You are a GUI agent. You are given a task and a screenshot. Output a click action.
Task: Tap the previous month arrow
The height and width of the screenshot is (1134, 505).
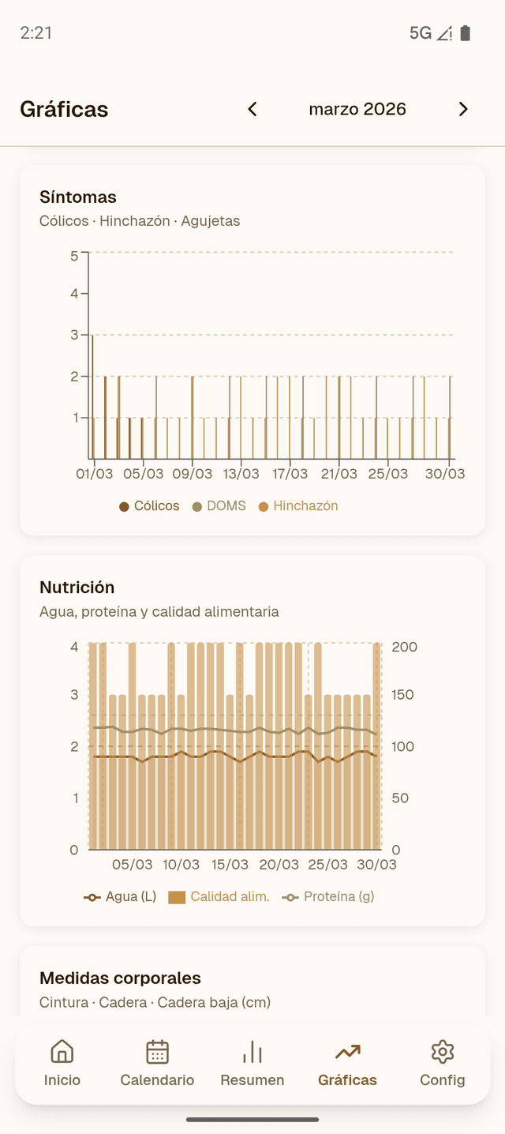click(x=252, y=109)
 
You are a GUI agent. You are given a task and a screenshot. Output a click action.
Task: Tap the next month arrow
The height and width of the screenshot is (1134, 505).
click(x=463, y=109)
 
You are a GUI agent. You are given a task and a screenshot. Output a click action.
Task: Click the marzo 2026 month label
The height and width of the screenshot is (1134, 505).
click(x=357, y=109)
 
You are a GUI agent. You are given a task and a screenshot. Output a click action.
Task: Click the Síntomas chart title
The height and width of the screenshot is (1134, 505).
click(x=78, y=197)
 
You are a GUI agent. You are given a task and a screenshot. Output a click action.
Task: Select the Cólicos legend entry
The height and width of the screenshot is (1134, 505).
click(x=149, y=506)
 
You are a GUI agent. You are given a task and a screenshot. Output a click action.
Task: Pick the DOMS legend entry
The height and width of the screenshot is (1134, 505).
click(x=219, y=506)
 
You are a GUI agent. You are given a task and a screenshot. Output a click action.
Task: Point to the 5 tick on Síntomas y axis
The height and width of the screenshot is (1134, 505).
click(x=74, y=255)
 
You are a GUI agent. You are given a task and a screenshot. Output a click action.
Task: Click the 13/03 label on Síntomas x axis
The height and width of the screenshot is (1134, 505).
click(x=241, y=474)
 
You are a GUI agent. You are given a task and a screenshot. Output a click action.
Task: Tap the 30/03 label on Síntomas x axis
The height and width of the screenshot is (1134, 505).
click(x=445, y=474)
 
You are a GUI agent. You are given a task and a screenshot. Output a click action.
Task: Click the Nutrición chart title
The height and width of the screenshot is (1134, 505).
click(x=77, y=587)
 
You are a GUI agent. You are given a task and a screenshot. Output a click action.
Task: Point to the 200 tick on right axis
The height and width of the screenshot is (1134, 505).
click(x=405, y=647)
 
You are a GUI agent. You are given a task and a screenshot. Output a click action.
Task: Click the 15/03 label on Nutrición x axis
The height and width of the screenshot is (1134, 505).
click(x=230, y=865)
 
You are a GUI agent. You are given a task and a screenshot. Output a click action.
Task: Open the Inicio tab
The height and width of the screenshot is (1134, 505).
click(x=62, y=1063)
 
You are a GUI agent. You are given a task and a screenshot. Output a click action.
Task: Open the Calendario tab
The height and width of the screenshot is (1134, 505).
click(x=157, y=1063)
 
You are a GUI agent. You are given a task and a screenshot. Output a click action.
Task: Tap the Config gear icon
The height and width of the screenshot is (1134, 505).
click(x=443, y=1052)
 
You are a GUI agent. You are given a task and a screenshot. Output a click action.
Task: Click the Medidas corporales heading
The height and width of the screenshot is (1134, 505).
click(x=120, y=978)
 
